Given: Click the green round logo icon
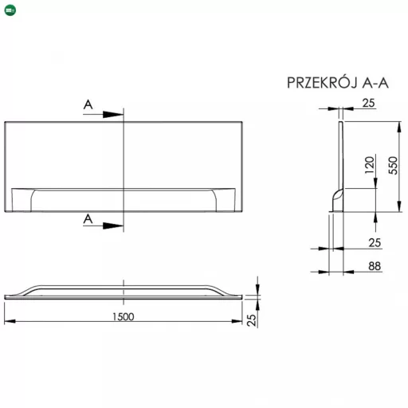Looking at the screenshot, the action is (10, 10).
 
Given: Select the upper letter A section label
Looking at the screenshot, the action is (88, 104).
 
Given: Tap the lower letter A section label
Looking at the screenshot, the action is (88, 219).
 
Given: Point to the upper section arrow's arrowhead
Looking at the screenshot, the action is (113, 115).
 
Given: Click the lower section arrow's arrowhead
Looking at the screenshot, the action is (113, 226).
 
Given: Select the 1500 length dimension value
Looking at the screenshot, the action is (124, 316).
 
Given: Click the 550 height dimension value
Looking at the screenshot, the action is (393, 165).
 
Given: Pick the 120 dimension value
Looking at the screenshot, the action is (370, 165).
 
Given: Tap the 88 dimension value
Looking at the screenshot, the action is (375, 266).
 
